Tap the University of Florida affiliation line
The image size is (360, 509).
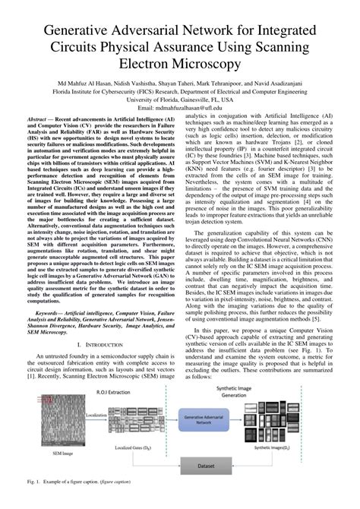pos(180,100)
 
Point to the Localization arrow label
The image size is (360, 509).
pos(96,416)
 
